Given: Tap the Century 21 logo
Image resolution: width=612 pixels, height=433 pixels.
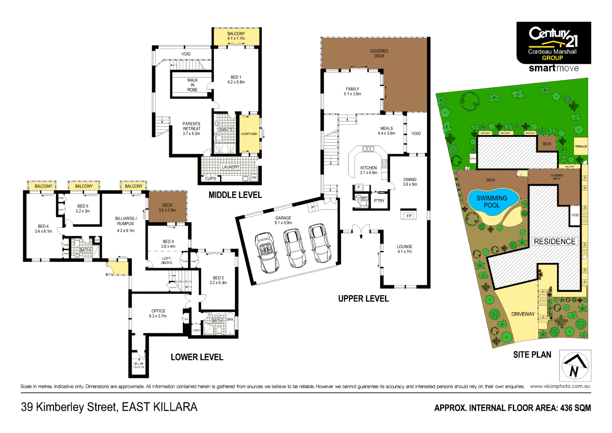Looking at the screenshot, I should [553, 43].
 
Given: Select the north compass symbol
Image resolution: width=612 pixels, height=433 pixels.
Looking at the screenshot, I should [575, 366].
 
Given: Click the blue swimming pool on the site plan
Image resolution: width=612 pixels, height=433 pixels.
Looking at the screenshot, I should [492, 202].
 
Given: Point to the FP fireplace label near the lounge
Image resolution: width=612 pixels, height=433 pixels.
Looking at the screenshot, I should [409, 216].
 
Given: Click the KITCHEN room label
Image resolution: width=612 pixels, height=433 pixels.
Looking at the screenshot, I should [369, 168].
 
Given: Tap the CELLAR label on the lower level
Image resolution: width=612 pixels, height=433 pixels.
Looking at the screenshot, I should [138, 364].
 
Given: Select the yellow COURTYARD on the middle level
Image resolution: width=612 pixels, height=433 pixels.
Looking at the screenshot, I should [249, 134].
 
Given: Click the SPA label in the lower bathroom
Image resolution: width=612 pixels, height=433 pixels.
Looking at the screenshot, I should [230, 319].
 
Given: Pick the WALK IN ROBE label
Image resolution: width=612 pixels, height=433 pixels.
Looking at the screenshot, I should [192, 85].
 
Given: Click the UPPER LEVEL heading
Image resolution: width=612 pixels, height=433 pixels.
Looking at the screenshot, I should [363, 299].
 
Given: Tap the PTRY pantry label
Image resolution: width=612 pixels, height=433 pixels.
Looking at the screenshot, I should [379, 201].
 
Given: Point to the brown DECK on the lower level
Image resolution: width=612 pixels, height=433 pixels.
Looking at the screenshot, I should [167, 207].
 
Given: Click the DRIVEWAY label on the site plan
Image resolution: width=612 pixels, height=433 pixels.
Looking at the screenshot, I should [523, 314].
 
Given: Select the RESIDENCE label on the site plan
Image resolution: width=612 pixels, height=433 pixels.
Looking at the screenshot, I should [554, 241].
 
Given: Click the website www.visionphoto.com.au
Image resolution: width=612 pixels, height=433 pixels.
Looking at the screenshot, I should [560, 386].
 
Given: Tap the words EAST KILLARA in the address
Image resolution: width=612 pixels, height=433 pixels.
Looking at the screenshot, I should [160, 407].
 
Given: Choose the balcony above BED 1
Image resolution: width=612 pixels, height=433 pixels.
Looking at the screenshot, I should [236, 36].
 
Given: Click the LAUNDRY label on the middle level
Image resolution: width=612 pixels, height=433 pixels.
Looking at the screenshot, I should [230, 167].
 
